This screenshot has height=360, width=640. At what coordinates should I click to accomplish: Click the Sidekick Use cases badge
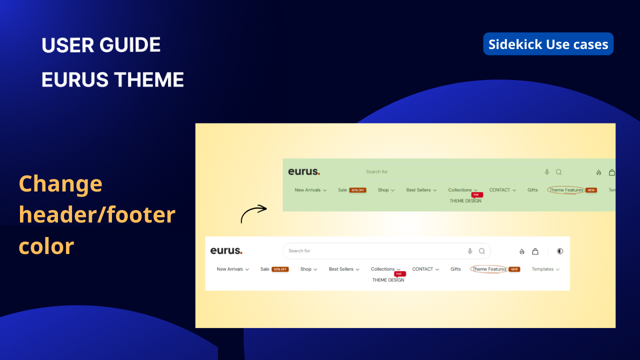coord(548,44)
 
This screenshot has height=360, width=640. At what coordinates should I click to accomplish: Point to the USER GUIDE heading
coord(101,45)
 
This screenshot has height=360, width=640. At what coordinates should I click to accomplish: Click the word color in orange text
coord(46,246)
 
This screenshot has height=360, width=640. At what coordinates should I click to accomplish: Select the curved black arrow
coord(254,213)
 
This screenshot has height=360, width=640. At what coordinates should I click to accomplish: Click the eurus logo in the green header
coord(303,171)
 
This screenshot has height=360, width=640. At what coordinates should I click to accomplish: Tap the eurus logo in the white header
coord(226,250)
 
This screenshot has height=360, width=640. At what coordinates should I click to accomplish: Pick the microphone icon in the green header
coord(547,172)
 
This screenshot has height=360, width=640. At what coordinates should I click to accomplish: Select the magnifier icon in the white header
coord(482,251)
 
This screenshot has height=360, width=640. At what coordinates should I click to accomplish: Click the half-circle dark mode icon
coord(560,251)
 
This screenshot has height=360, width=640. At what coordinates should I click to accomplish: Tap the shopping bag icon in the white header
coord(535,251)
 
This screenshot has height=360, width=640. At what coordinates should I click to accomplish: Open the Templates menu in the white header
coord(545,269)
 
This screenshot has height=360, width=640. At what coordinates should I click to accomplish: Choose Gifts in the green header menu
coord(532,190)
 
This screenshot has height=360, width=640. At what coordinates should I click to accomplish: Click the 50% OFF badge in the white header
coord(280,269)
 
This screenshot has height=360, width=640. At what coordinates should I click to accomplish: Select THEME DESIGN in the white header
coord(388,280)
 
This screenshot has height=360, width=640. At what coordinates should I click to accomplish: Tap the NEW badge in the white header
coord(514,269)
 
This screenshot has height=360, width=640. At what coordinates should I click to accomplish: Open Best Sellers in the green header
coord(421,190)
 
